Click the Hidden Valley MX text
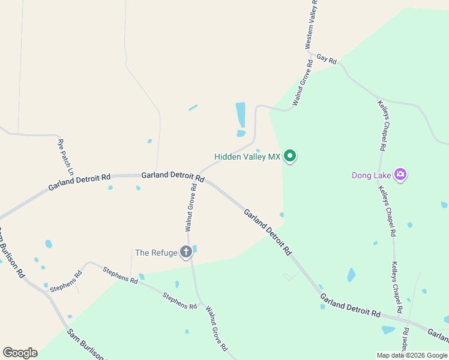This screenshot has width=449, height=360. point(247,157)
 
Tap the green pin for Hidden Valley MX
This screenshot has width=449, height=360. point(291,157)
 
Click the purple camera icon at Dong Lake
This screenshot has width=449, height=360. point(400,175)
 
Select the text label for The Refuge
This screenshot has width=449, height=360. point(156,253)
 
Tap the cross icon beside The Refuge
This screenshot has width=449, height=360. point(186,252)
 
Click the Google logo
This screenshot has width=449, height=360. point(20,353)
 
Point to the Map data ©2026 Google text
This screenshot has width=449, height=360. point(412,355)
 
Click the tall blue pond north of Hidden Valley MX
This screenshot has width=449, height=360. point(241,114)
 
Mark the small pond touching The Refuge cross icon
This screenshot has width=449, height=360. point(194,248)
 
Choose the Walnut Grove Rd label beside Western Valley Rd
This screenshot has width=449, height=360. point(303,83)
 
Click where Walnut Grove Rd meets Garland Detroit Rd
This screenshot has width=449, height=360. point(199,176)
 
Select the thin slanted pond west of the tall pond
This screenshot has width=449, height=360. point(193,108)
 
